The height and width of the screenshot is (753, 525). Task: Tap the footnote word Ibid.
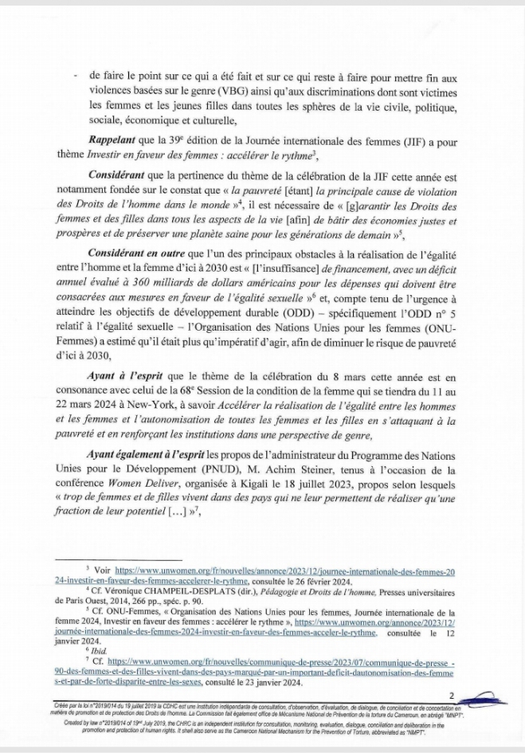[x=100, y=649]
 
